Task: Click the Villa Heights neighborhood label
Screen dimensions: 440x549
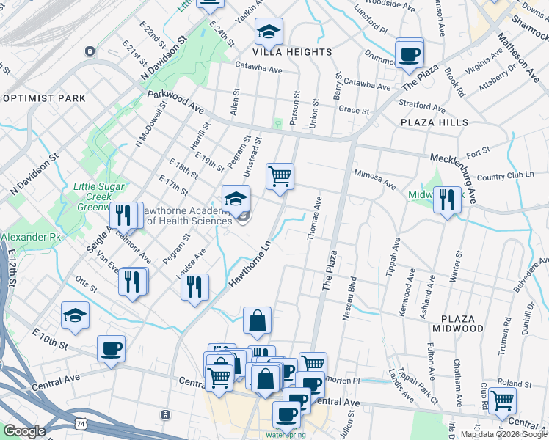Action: point(292,52)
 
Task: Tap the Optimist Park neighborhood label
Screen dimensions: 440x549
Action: point(44,98)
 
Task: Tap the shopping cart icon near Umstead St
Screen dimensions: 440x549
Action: point(280,177)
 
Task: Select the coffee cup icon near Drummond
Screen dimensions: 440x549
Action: point(409,54)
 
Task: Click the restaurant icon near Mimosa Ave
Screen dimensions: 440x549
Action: point(446,199)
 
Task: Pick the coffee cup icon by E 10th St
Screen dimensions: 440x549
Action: point(111,349)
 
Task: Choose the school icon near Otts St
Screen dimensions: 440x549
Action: point(75,315)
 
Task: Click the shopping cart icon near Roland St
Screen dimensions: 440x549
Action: point(502,400)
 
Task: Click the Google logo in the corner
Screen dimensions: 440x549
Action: point(23,431)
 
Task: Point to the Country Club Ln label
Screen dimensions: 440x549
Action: point(502,176)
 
